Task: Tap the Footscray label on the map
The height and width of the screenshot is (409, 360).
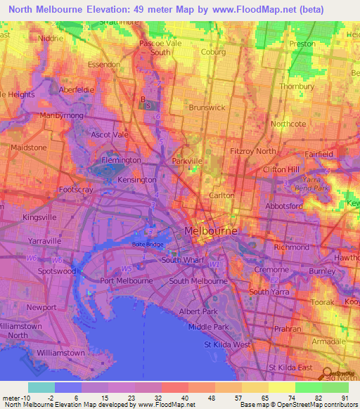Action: coord(77,190)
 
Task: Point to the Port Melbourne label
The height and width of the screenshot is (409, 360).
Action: coord(127,280)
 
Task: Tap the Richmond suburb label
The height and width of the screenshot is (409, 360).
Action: coord(292,247)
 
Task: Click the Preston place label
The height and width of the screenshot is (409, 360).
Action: coord(302,44)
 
